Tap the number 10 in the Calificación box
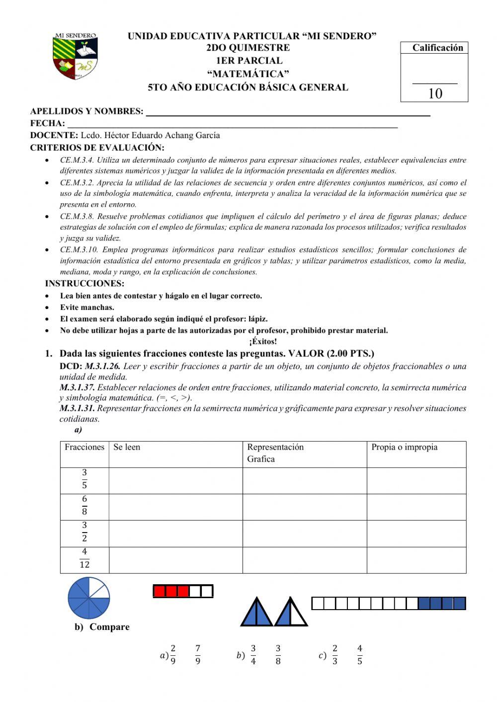(x=435, y=93)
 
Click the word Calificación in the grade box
(x=437, y=48)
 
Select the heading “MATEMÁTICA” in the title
(x=248, y=74)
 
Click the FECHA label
(x=47, y=123)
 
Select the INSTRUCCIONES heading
(x=84, y=284)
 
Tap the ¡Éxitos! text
(x=263, y=341)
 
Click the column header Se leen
(x=127, y=447)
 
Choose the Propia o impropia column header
(x=405, y=447)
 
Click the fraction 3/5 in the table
(x=84, y=479)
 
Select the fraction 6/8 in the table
(x=84, y=505)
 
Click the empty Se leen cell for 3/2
(x=175, y=533)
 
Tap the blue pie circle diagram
(x=89, y=598)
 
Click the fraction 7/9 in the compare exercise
(x=198, y=655)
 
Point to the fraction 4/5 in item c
(x=359, y=655)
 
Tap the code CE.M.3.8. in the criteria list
(x=77, y=216)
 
